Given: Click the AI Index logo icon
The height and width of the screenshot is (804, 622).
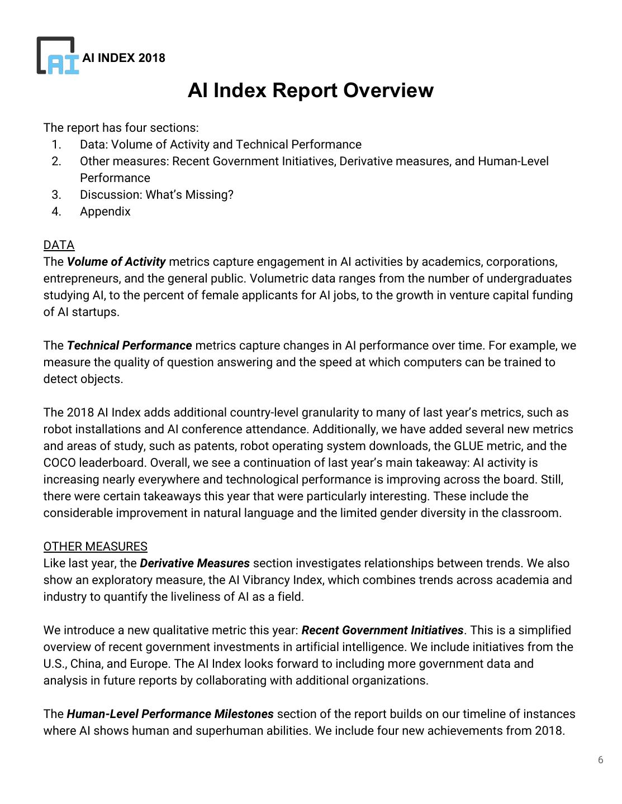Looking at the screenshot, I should (x=58, y=56).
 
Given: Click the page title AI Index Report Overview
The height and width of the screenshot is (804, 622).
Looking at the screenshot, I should (x=310, y=90).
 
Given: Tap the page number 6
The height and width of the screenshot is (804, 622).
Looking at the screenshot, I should (x=601, y=760).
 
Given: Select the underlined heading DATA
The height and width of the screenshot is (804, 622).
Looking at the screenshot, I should (x=59, y=245).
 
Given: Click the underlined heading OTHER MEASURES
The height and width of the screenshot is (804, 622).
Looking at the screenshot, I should (x=95, y=547).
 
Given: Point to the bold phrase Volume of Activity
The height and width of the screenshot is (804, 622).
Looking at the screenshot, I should (x=116, y=262).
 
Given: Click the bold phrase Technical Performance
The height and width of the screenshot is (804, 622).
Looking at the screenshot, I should (x=129, y=346).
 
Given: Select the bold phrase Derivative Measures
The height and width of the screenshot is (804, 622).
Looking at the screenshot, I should (x=194, y=563).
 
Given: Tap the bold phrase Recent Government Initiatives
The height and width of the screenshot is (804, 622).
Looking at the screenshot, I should (x=382, y=630).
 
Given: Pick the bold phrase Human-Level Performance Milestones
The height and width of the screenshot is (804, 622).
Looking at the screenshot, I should (x=170, y=714).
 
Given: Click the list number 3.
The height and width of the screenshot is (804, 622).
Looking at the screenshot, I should (x=56, y=195).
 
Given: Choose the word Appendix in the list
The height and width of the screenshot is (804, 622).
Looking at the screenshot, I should (x=105, y=212).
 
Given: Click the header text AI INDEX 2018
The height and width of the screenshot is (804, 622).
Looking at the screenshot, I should (x=124, y=58).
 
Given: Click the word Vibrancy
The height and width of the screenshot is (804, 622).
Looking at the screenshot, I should (x=264, y=580).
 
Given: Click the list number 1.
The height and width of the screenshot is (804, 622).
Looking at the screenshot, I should (x=56, y=145).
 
